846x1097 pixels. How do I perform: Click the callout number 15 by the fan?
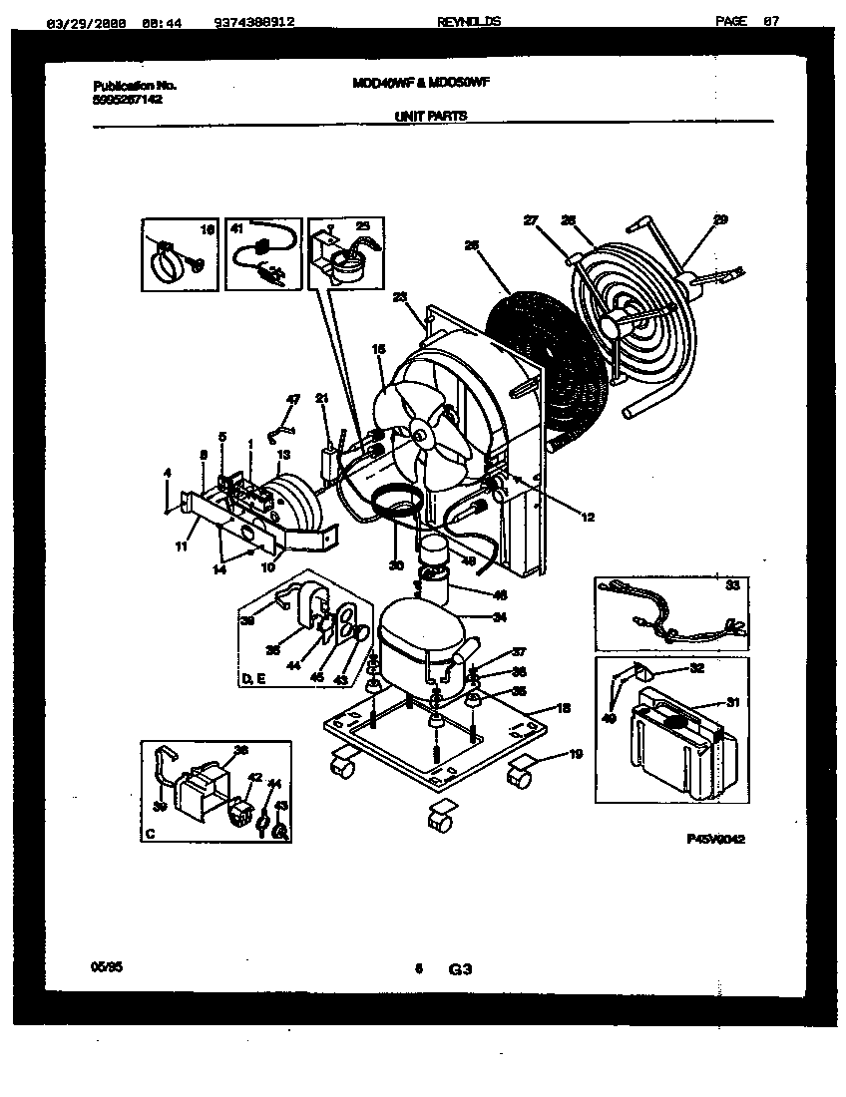point(378,349)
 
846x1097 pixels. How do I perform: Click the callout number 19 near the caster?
point(577,755)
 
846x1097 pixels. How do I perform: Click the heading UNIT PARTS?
point(430,116)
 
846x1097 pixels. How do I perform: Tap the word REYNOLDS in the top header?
point(468,22)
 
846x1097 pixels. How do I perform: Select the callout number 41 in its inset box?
point(236,228)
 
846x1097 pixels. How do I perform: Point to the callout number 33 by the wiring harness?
point(733,586)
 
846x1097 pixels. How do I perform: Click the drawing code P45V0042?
point(715,840)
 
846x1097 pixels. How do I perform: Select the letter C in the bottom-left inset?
point(149,831)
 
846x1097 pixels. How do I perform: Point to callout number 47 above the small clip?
point(292,400)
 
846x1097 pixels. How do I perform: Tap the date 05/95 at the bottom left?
point(101,966)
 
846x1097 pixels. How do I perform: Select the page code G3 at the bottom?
point(459,967)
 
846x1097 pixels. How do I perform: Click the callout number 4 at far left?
point(169,473)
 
